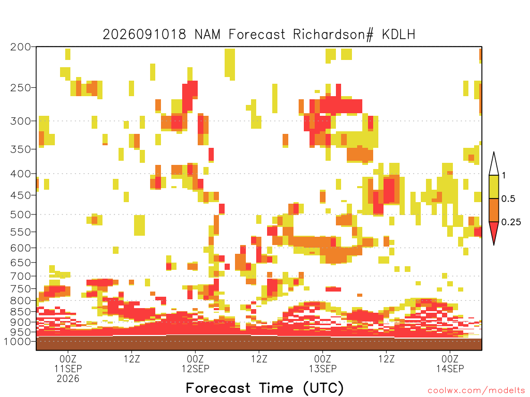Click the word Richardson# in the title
[333, 35]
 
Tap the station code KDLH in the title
[399, 35]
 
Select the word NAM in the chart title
[207, 35]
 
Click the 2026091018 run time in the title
[144, 35]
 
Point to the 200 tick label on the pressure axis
[20, 47]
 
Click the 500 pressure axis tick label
[20, 215]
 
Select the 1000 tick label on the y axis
[17, 341]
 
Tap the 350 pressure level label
[20, 149]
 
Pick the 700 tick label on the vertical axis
[20, 276]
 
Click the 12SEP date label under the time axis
[195, 369]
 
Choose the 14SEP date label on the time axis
[450, 369]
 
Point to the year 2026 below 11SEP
[68, 379]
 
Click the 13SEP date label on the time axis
[323, 369]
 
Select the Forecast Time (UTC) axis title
[264, 388]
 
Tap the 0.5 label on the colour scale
[508, 199]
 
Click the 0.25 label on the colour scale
[511, 222]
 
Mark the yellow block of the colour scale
[494, 187]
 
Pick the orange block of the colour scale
[494, 210]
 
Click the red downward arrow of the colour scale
[494, 231]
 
